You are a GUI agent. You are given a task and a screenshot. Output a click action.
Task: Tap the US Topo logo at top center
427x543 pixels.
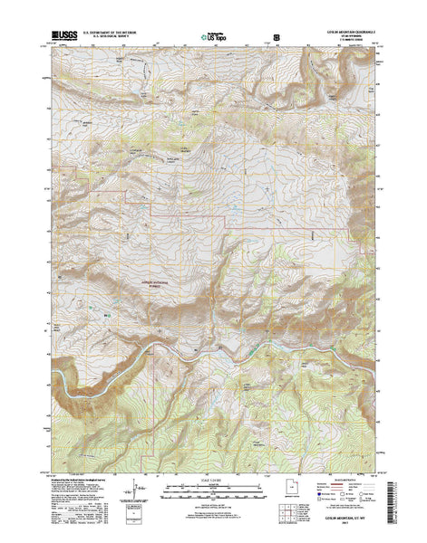point(210,36)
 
